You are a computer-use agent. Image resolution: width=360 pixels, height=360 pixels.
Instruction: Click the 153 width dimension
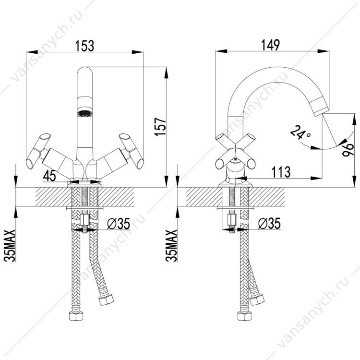(x=84, y=46)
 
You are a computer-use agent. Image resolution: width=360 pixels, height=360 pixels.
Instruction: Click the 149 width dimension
(x=270, y=45)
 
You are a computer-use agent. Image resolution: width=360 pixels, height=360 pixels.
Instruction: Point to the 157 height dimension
(x=160, y=127)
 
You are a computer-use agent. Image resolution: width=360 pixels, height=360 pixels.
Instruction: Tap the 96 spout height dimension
(x=348, y=150)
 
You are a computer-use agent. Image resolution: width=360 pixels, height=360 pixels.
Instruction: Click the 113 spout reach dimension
(x=281, y=172)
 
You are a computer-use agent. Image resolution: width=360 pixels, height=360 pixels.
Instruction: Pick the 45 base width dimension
(x=49, y=176)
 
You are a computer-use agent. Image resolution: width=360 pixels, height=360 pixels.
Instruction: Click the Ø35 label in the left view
(x=119, y=223)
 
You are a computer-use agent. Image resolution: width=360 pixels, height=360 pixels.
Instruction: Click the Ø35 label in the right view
(x=269, y=223)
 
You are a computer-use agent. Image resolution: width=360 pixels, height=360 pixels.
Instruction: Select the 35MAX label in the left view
(x=10, y=246)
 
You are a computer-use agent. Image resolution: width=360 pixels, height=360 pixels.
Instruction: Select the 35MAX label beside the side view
(x=171, y=246)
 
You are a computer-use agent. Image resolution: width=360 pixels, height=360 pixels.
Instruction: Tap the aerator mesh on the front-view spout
(x=84, y=113)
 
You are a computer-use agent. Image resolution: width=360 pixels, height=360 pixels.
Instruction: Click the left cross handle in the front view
(x=38, y=151)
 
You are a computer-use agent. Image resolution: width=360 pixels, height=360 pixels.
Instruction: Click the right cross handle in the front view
(x=132, y=151)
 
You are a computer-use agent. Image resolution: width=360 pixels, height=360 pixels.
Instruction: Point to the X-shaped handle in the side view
(x=235, y=152)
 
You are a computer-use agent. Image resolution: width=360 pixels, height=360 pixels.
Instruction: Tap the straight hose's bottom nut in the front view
(x=76, y=316)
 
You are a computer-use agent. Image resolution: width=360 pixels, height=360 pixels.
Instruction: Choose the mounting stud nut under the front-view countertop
(x=84, y=220)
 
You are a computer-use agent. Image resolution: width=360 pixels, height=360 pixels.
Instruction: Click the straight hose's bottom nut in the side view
(x=244, y=316)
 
